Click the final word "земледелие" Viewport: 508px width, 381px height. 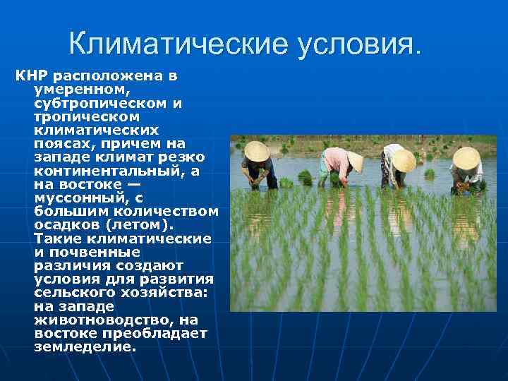coord(84,346)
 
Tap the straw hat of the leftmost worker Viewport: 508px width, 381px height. coord(257,151)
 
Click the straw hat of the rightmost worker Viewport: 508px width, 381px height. coord(466,158)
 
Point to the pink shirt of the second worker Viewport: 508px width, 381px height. coord(335,160)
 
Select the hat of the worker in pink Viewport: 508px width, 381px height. coord(355,162)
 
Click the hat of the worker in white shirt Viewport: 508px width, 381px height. coord(404,161)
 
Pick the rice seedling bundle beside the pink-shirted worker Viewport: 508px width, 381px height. coord(305,177)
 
